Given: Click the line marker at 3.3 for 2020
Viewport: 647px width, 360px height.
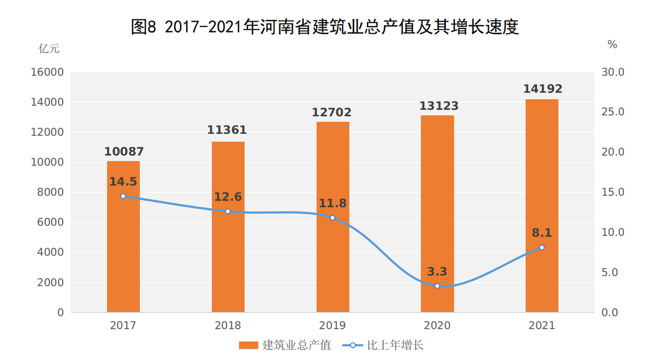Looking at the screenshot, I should [437, 286].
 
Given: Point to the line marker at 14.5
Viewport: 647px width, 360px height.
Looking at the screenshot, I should [123, 196].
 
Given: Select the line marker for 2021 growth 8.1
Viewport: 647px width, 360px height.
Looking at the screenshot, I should [542, 247].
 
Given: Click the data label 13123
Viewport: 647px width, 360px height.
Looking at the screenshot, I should [437, 106].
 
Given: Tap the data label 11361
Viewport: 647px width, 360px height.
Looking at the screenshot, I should [228, 130].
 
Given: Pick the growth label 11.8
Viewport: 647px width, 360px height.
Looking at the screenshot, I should [333, 203].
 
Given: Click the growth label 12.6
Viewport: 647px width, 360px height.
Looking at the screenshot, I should [228, 197].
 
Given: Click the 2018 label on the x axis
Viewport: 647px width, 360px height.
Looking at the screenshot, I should [228, 326].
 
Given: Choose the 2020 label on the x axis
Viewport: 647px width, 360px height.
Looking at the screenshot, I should [437, 326].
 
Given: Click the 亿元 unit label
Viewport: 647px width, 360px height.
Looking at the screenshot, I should [49, 48].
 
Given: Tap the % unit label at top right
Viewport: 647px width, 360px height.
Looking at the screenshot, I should [612, 45].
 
